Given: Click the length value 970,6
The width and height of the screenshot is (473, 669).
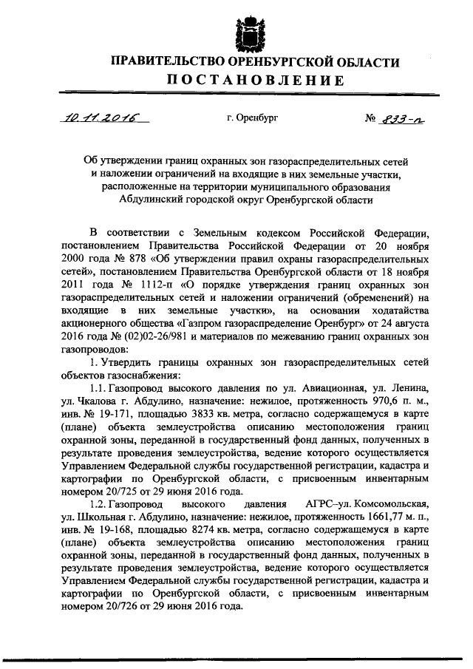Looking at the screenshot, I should pyautogui.click(x=366, y=399).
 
